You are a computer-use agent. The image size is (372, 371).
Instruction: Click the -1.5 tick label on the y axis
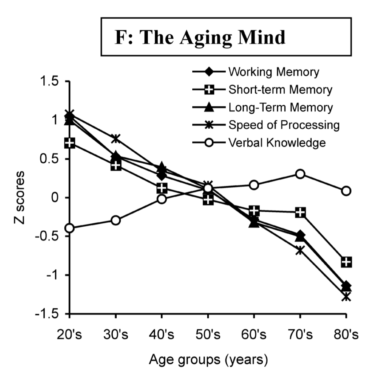(x=49, y=314)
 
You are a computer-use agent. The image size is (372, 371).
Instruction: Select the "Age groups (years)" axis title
(x=208, y=360)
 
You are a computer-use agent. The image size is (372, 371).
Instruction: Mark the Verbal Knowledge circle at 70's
(x=300, y=174)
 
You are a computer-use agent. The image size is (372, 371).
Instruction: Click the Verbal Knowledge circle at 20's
(x=69, y=229)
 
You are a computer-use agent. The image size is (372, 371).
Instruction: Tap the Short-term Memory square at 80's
(x=346, y=262)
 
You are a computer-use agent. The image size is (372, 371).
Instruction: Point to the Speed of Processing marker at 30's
(x=116, y=138)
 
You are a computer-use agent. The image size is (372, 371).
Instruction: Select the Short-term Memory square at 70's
(x=300, y=212)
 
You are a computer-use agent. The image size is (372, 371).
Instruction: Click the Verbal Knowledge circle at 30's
(x=116, y=220)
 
